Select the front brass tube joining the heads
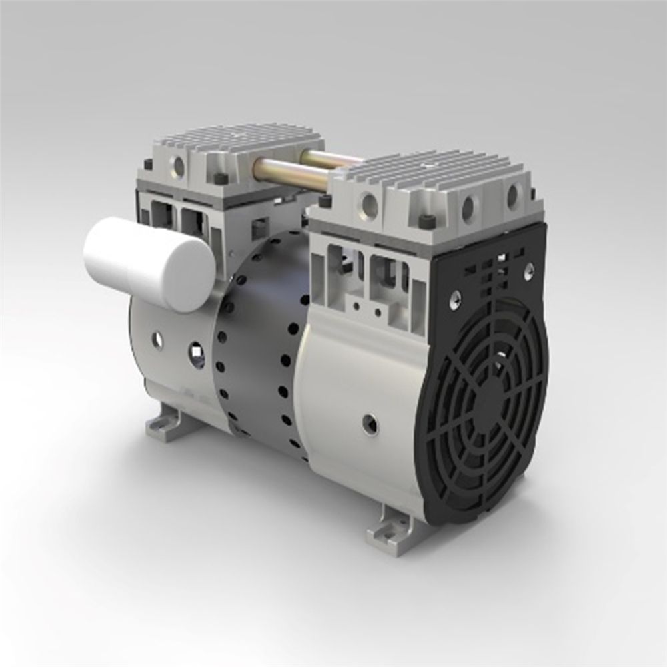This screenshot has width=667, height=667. tap(293, 172)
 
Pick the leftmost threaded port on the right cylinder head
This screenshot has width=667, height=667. tap(369, 205)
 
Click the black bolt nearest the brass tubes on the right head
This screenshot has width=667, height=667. tap(325, 201)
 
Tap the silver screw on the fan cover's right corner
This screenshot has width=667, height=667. tap(528, 270)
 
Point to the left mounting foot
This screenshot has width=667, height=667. tap(162, 424)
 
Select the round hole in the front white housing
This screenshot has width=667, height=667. tap(368, 422)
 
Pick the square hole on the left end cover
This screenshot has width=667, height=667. tap(196, 348)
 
